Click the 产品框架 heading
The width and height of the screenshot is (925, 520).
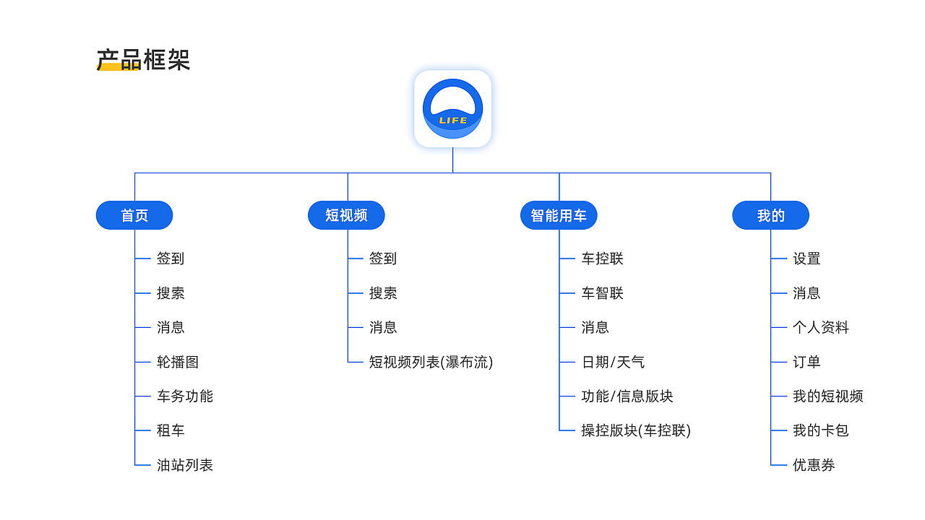[143, 60]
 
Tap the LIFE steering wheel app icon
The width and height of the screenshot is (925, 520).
[452, 108]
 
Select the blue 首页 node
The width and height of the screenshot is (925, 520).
[134, 215]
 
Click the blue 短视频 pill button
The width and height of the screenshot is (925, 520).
[346, 215]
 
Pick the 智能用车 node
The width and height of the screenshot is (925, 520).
[559, 215]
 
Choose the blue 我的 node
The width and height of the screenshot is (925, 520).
[770, 215]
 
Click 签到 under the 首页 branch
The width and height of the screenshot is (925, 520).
[171, 259]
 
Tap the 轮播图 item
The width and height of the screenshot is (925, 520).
[178, 362]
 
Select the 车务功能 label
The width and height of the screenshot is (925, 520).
[185, 396]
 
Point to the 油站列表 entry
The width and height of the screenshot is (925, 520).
[185, 465]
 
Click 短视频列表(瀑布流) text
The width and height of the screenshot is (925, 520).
[431, 362]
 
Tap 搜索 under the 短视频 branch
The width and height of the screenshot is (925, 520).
[383, 293]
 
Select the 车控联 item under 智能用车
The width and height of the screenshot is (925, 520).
[602, 259]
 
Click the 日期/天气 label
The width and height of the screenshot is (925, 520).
[613, 362]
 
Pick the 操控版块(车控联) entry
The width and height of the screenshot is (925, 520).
[636, 430]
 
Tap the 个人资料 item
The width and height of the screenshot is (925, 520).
[821, 327]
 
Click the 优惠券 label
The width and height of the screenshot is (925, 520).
[814, 465]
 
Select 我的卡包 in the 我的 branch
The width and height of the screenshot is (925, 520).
[821, 430]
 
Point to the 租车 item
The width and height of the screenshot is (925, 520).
[171, 430]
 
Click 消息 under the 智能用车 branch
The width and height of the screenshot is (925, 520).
[595, 327]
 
